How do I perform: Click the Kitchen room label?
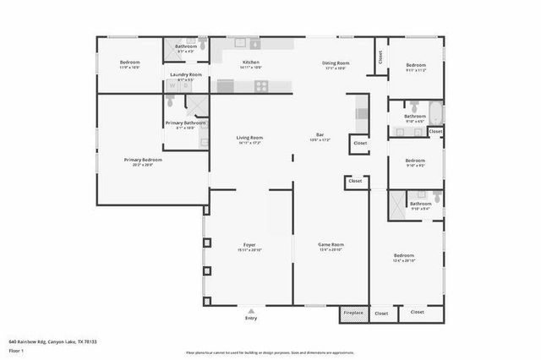click(x=251, y=63)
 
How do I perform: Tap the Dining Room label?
click(x=336, y=63)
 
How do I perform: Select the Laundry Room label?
click(x=185, y=74)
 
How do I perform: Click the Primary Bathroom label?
click(x=185, y=123)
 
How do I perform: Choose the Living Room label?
click(x=249, y=138)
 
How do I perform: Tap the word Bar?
click(x=320, y=134)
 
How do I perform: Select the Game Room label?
click(x=331, y=245)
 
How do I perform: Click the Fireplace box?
click(x=353, y=313)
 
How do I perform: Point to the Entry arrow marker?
click(x=250, y=310)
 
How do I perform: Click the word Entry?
click(x=250, y=319)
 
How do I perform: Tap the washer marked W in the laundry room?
click(x=173, y=85)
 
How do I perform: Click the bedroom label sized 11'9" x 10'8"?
click(x=129, y=63)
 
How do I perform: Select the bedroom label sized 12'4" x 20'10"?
click(x=404, y=256)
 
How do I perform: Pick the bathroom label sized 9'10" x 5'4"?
click(x=420, y=204)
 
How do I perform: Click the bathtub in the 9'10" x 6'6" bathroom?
click(x=434, y=112)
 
